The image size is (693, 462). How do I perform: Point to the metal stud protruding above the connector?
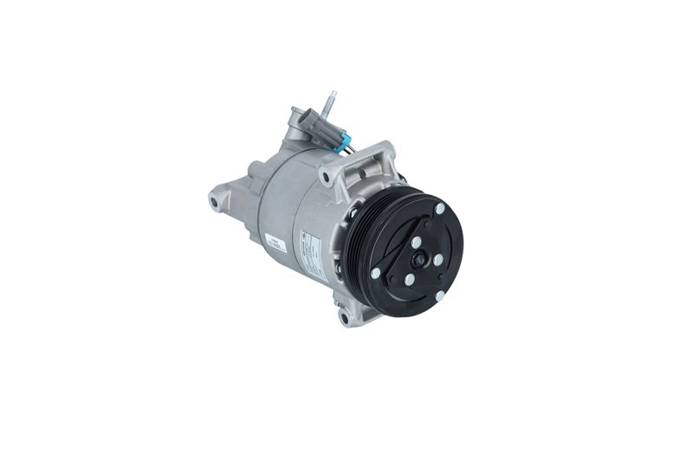click(329, 104)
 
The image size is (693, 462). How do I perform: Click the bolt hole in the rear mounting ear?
click(214, 202)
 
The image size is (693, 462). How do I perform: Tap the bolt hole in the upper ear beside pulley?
click(324, 179)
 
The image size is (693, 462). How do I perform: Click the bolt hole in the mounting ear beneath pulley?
click(345, 318)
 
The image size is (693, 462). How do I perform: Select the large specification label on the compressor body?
click(313, 252)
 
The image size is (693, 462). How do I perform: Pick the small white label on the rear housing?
click(276, 244)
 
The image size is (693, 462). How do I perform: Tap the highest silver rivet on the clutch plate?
click(440, 209)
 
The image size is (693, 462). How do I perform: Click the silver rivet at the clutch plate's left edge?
click(374, 272)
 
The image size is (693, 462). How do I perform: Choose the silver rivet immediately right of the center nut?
click(437, 259)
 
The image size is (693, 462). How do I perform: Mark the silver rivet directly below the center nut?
click(410, 278)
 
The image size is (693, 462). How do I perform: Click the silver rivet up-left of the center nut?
click(416, 243)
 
